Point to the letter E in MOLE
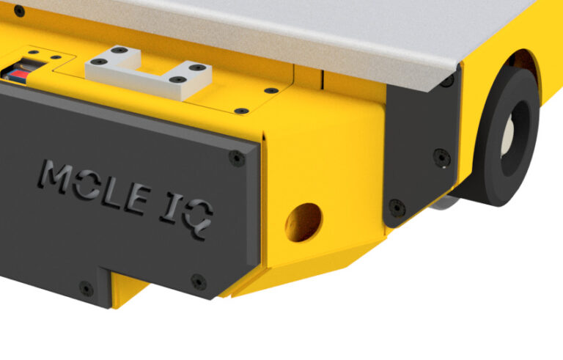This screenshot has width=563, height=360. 138,199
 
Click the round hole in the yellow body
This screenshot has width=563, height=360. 303,222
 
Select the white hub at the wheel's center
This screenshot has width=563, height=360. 507,138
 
